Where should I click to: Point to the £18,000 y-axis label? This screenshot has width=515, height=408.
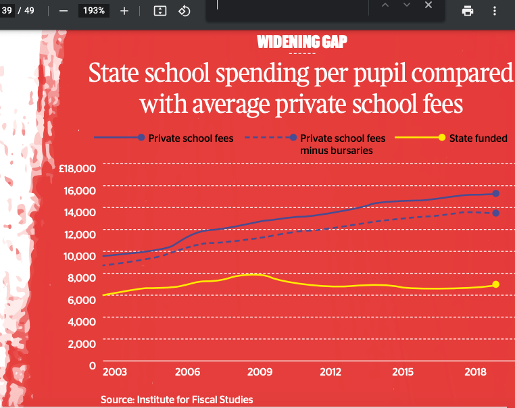[78, 168]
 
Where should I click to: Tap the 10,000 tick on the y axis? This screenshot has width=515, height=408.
[81, 256]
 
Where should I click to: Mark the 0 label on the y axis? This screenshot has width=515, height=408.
[93, 365]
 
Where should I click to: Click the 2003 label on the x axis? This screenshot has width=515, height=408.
[114, 372]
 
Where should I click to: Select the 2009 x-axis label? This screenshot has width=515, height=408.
[259, 372]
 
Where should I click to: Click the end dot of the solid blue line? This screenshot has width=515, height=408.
[496, 194]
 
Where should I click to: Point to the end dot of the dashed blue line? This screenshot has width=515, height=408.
[496, 213]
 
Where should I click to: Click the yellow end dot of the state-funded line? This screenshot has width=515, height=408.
[496, 284]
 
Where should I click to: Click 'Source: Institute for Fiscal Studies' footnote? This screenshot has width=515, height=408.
[176, 400]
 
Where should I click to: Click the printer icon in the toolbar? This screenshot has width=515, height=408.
[468, 11]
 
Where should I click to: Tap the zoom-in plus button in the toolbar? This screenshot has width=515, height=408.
[124, 11]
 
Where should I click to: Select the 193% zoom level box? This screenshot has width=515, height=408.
[93, 11]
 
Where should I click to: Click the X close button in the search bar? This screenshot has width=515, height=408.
[428, 5]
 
